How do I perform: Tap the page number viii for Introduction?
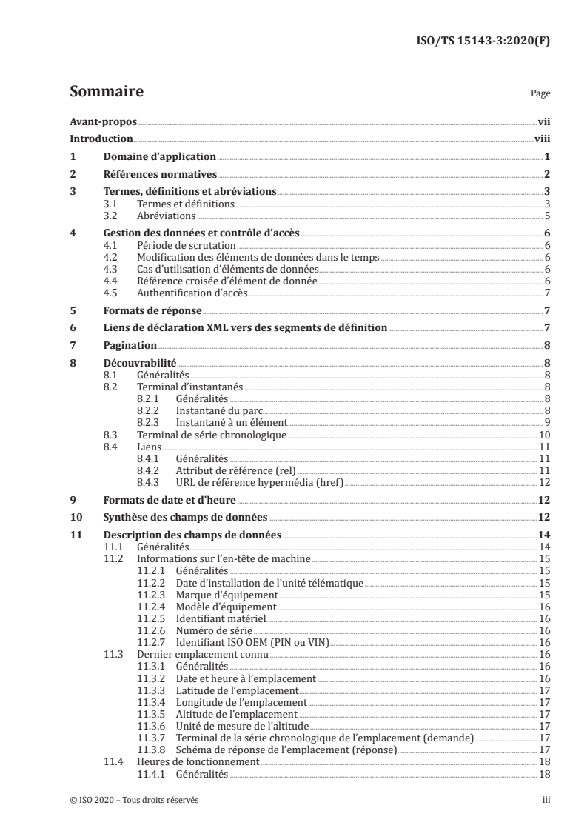pyautogui.click(x=541, y=139)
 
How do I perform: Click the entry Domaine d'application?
pyautogui.click(x=159, y=157)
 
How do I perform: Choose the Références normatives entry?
pyautogui.click(x=159, y=175)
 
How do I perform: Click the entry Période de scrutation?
pyautogui.click(x=187, y=244)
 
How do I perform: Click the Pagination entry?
pyautogui.click(x=130, y=346)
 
